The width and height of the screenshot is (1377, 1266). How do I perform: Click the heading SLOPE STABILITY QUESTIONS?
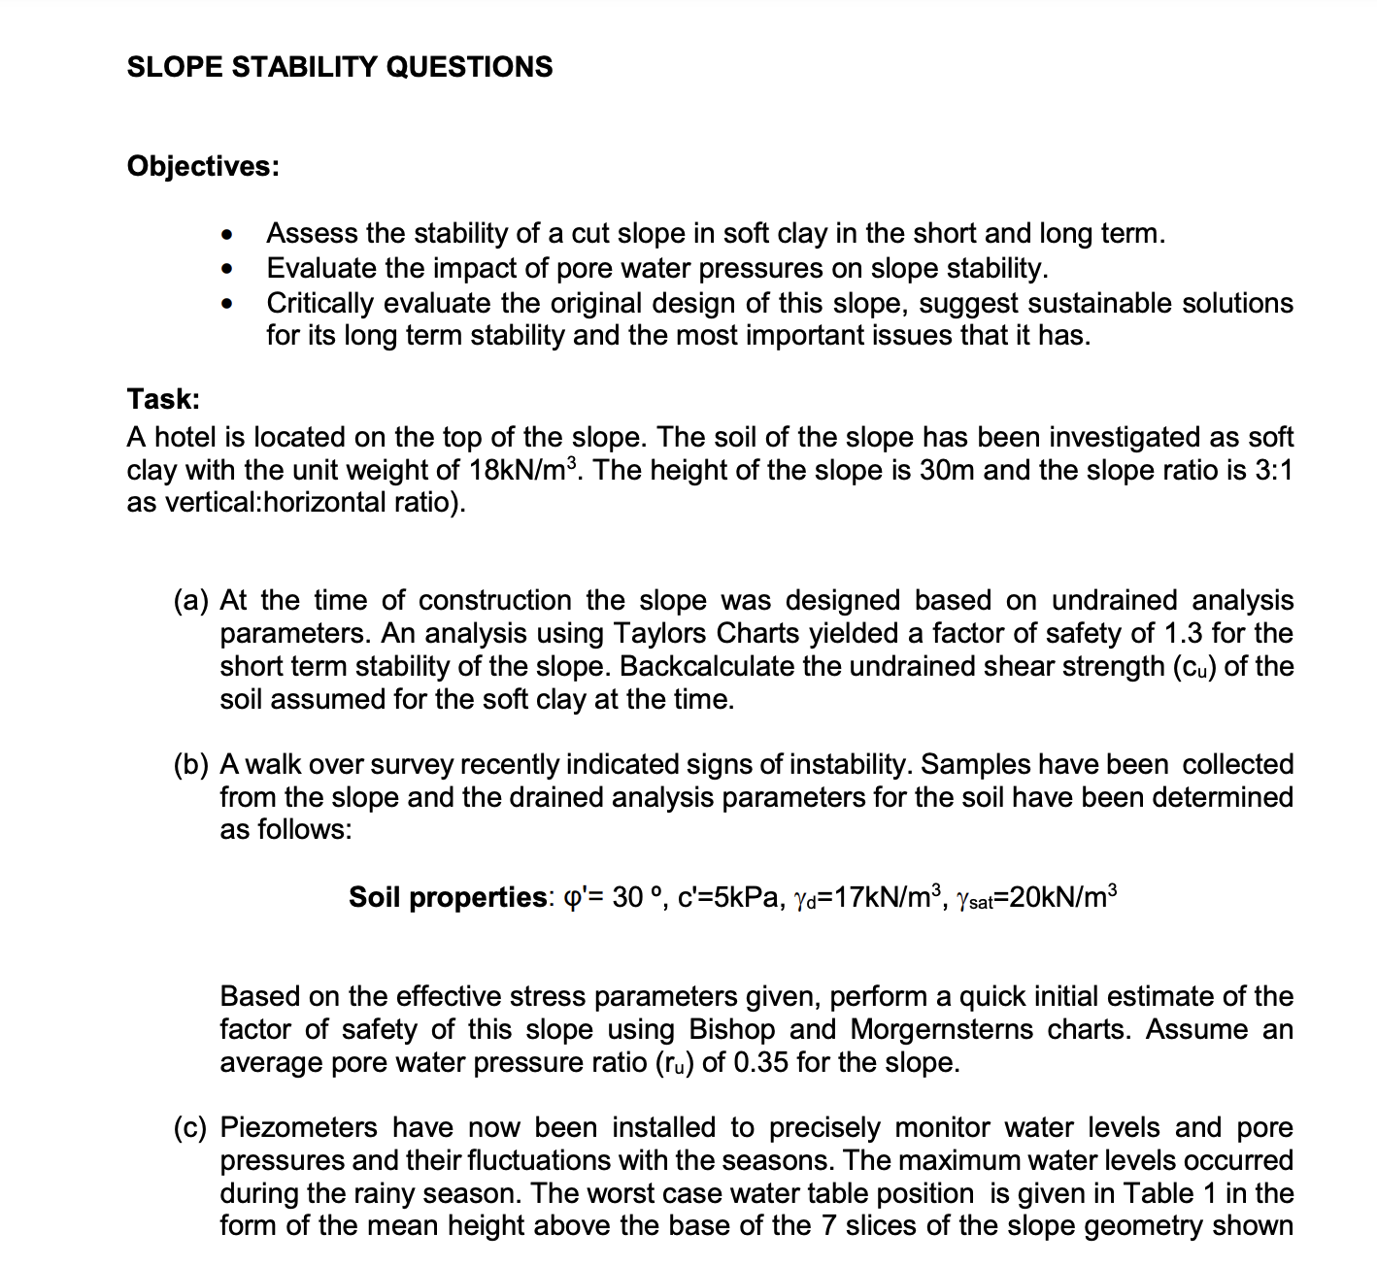point(340,67)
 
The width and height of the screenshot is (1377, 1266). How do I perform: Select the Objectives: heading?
point(203,166)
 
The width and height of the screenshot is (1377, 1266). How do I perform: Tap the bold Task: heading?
point(163,399)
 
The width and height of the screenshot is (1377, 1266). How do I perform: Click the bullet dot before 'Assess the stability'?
point(226,235)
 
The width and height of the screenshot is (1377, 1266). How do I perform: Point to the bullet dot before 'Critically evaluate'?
point(226,304)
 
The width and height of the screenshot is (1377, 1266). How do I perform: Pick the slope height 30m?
point(948,471)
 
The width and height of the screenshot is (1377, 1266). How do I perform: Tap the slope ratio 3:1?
point(1273,471)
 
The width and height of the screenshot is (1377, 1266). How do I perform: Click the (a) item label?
point(191,601)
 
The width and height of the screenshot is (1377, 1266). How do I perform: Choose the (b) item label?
point(191,765)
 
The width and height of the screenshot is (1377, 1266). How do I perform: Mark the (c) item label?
point(191,1128)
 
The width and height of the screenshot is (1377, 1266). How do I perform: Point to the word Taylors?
point(661,634)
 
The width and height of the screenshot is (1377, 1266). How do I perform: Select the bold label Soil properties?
point(449,897)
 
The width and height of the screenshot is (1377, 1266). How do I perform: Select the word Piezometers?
point(298,1128)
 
